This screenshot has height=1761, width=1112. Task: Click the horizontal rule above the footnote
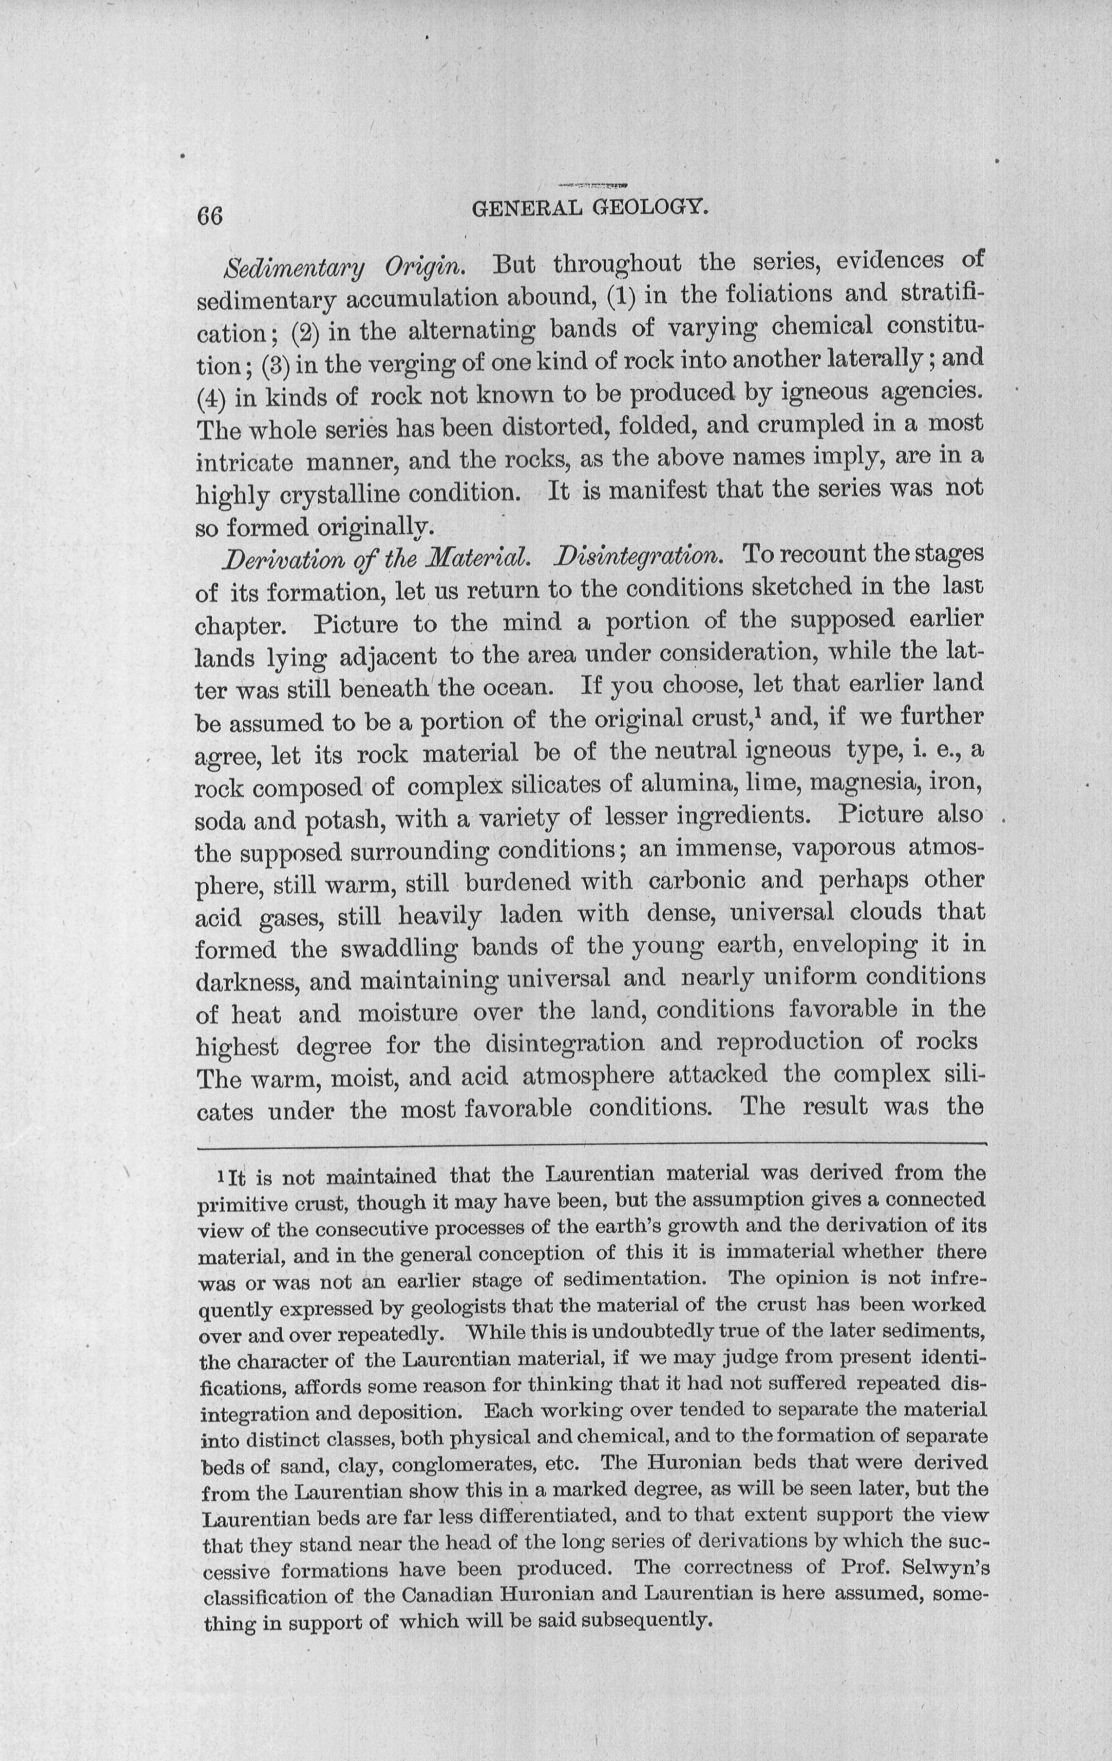[x=591, y=1143]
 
